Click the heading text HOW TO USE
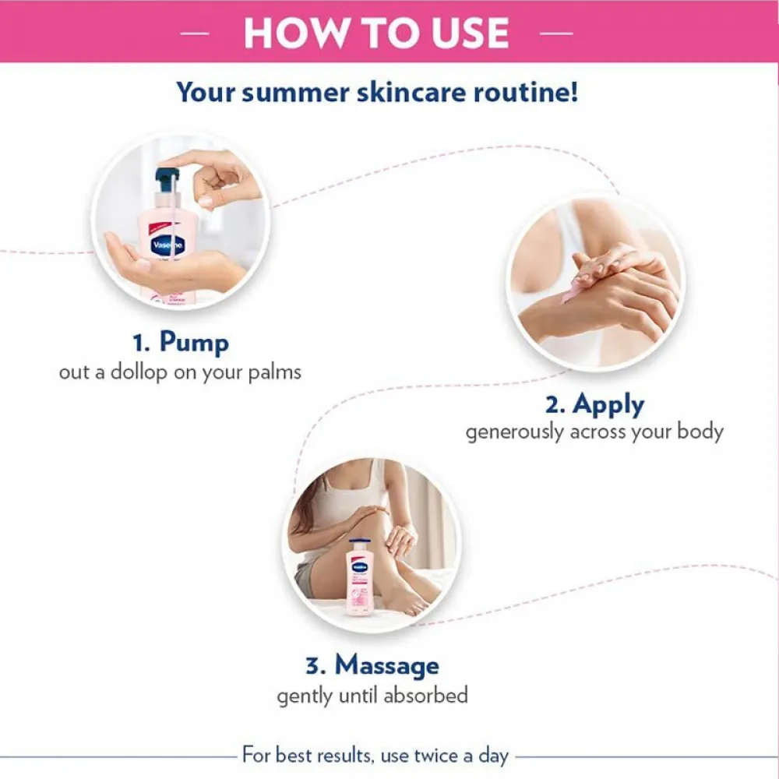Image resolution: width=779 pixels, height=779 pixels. click(376, 33)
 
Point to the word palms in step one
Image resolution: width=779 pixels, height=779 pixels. click(273, 372)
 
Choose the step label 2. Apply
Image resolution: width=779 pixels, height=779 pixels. click(594, 404)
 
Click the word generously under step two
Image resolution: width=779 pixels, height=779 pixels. click(515, 432)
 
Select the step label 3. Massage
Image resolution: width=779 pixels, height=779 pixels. click(372, 665)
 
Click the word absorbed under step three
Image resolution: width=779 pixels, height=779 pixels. click(425, 694)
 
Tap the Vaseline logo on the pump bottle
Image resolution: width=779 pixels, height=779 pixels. click(167, 241)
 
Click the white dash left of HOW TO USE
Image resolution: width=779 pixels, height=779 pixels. click(195, 33)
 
